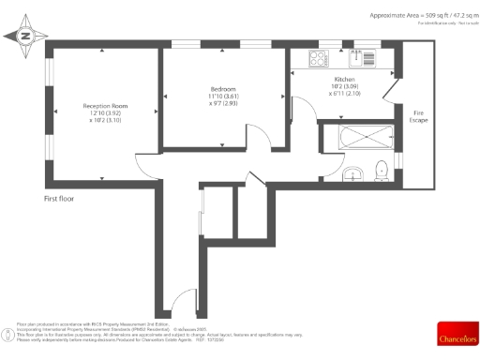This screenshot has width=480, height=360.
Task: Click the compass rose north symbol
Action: (x=25, y=37)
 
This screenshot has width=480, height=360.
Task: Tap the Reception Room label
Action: (x=105, y=107)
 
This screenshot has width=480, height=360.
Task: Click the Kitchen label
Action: (x=345, y=80)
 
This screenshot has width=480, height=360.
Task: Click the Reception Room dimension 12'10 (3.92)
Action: (x=105, y=114)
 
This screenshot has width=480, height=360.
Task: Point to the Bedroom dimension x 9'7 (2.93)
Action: (x=223, y=102)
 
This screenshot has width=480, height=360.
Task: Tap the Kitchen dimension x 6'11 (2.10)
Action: (x=346, y=95)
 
